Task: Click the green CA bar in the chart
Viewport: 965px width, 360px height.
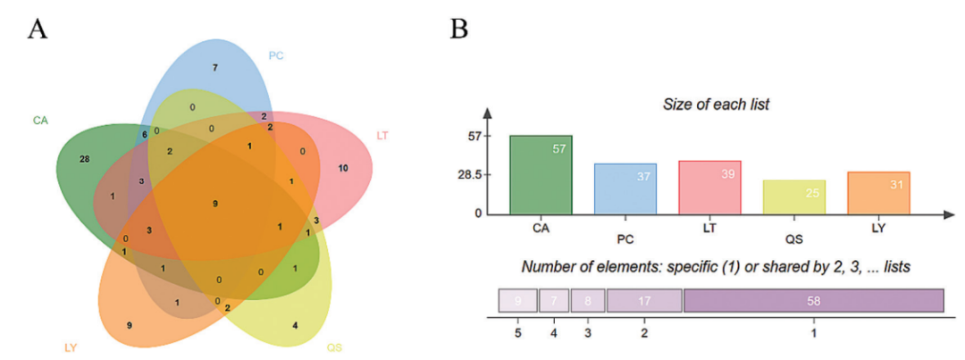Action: pyautogui.click(x=541, y=175)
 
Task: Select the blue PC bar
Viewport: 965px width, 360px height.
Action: pyautogui.click(x=625, y=188)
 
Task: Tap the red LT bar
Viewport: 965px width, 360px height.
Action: pyautogui.click(x=711, y=188)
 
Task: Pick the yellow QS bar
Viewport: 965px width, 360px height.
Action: pyautogui.click(x=794, y=197)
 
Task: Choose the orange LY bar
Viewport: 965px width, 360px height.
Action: pyautogui.click(x=878, y=193)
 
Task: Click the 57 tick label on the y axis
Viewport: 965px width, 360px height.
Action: pyautogui.click(x=474, y=136)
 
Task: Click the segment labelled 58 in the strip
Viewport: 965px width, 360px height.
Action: pyautogui.click(x=813, y=301)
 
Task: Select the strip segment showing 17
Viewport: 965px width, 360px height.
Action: pyautogui.click(x=644, y=301)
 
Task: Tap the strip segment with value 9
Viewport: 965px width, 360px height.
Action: pyautogui.click(x=517, y=301)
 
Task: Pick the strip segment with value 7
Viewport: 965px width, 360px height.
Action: pyautogui.click(x=554, y=301)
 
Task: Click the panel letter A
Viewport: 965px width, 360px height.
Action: pyautogui.click(x=38, y=29)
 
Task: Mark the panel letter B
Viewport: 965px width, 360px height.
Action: pyautogui.click(x=458, y=29)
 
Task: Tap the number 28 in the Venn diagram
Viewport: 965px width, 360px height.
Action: pyautogui.click(x=85, y=158)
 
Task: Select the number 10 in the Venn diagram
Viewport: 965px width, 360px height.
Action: pyautogui.click(x=343, y=168)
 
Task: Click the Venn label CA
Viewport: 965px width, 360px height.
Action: pyautogui.click(x=40, y=120)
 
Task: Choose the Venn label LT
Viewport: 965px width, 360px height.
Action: pyautogui.click(x=382, y=136)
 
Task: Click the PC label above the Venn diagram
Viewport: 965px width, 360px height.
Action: pyautogui.click(x=276, y=55)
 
